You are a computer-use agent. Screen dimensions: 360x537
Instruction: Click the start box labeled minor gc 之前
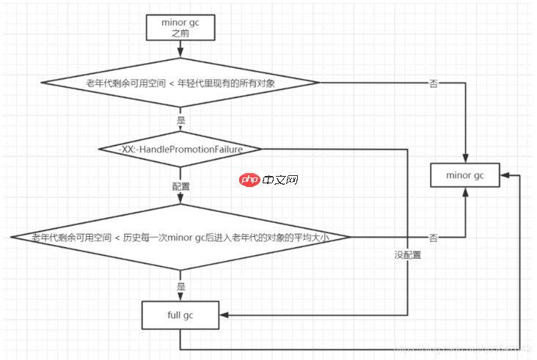(180, 26)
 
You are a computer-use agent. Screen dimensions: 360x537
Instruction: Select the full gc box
(180, 315)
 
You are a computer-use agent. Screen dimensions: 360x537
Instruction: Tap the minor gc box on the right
(465, 175)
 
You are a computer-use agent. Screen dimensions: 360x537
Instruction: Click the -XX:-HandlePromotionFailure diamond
(180, 149)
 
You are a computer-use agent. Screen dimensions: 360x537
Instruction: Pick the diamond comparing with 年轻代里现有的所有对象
(180, 84)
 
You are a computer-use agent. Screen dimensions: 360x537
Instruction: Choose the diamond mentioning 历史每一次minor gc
(180, 237)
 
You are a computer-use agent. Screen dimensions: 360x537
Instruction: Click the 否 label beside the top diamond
(433, 84)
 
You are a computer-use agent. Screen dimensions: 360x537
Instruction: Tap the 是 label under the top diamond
(180, 120)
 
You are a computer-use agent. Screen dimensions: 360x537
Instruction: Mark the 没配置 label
(407, 256)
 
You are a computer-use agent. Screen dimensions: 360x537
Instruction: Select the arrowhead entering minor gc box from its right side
(507, 175)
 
